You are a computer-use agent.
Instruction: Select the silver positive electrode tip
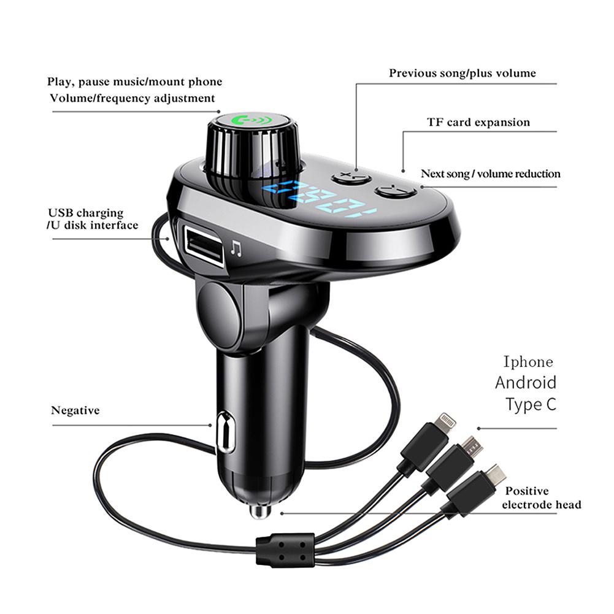[x=260, y=510]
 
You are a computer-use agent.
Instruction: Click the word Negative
[x=75, y=410]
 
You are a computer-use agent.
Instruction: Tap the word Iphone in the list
[x=528, y=361]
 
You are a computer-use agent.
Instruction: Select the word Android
[x=526, y=383]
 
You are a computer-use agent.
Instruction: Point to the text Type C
[x=531, y=405]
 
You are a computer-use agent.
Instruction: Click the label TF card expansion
[x=478, y=122]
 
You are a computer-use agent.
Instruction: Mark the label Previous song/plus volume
[x=462, y=73]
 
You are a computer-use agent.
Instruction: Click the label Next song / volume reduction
[x=490, y=174]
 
